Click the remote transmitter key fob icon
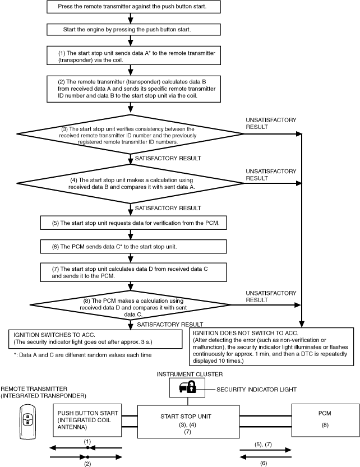(27, 422)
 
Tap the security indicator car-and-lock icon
(187, 387)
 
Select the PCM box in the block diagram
(325, 420)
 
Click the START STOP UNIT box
(188, 422)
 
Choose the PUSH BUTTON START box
(87, 420)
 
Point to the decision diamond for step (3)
(130, 135)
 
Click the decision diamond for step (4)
(130, 184)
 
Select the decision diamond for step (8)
(130, 306)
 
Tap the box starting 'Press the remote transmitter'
(133, 7)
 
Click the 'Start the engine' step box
(133, 30)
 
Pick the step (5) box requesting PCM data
(133, 223)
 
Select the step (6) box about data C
(133, 247)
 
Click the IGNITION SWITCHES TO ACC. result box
(95, 339)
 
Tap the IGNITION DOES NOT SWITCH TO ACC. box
(271, 346)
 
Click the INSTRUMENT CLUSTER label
(190, 374)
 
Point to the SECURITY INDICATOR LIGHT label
(256, 390)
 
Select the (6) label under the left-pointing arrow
(264, 463)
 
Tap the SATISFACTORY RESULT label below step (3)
(168, 158)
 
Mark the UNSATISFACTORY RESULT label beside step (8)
(271, 297)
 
